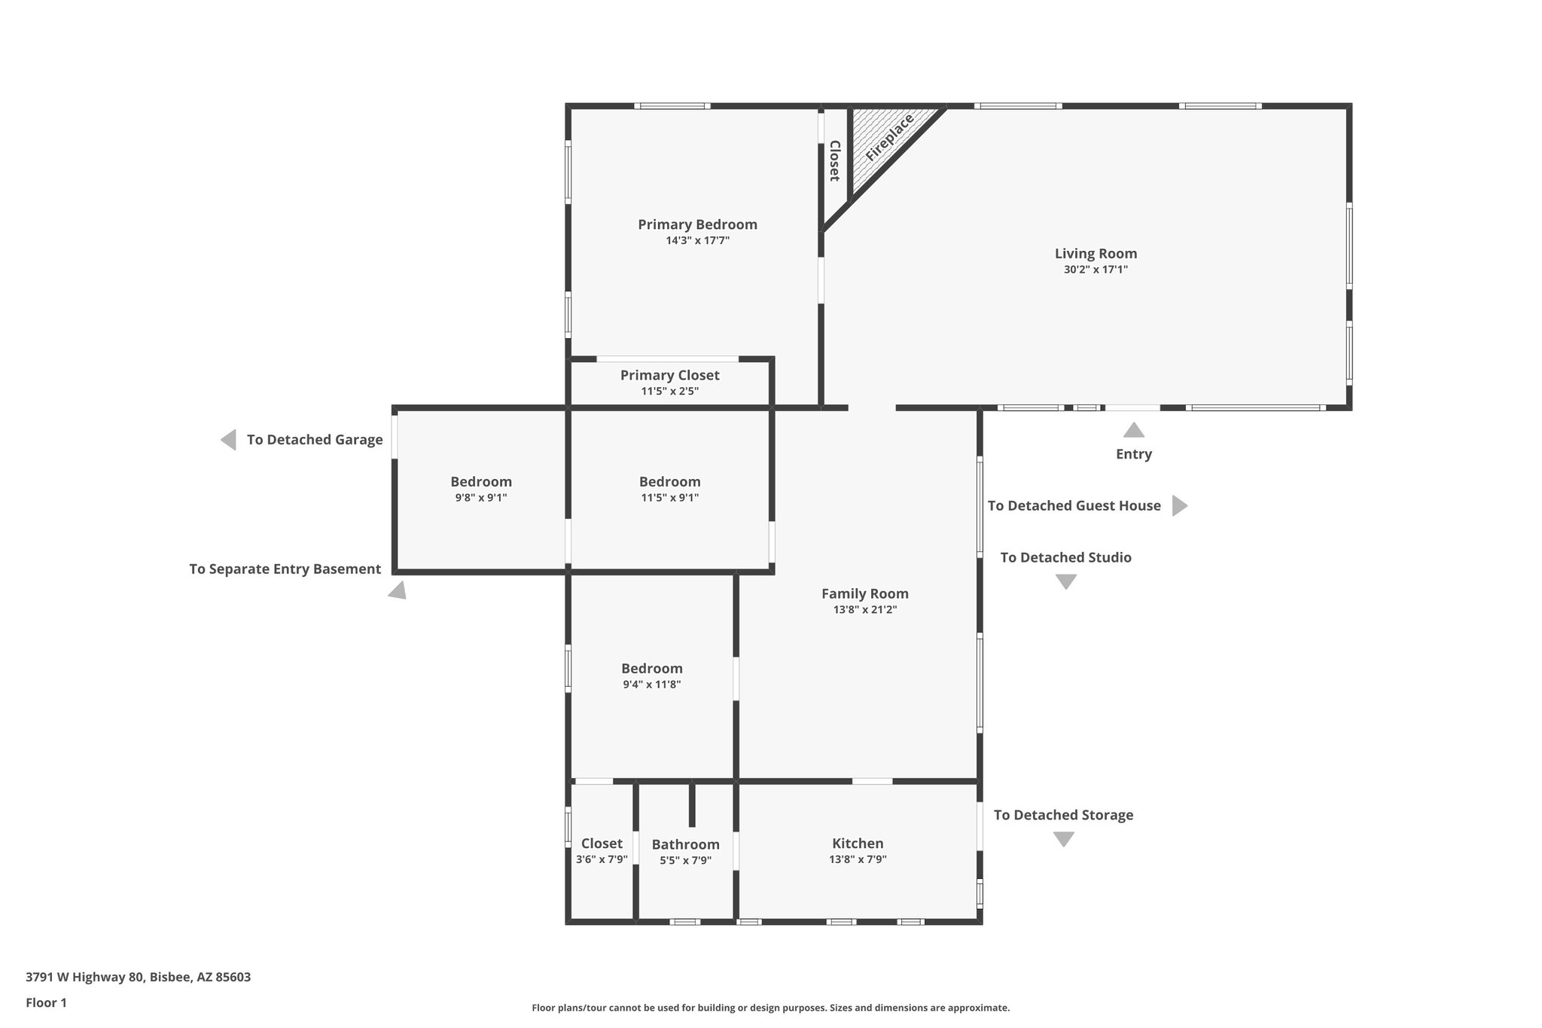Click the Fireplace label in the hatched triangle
pos(889,137)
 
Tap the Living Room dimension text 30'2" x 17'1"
pos(1096,270)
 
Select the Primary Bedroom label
pos(697,224)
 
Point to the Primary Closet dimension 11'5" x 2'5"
pos(669,392)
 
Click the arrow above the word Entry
pos(1134,431)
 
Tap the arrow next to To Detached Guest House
pos(1179,506)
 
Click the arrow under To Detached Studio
pos(1065,581)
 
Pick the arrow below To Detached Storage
pos(1063,839)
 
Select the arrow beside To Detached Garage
pos(228,440)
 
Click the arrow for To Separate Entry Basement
pos(398,590)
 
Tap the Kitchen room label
pos(858,843)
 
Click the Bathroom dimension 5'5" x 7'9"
pos(685,860)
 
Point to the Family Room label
pos(864,593)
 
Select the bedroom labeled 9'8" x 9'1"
pos(481,489)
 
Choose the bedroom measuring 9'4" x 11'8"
pos(651,676)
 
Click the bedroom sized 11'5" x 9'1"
pos(669,489)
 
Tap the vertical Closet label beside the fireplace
pos(834,160)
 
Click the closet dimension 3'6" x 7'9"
pos(602,859)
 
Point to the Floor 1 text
pos(46,1003)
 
